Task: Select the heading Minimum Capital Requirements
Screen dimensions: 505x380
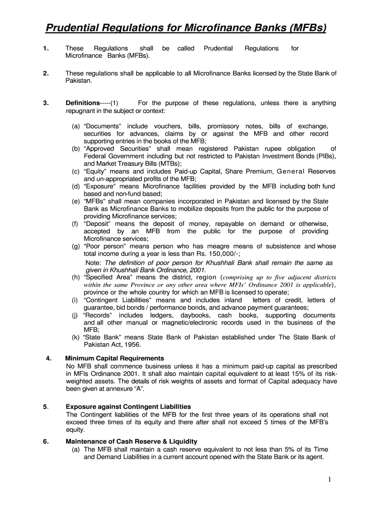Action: click(x=114, y=358)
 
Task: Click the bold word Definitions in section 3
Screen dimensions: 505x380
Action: click(x=82, y=103)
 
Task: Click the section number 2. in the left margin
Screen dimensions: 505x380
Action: click(x=45, y=73)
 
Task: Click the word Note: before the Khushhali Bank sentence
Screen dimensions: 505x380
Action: click(x=94, y=263)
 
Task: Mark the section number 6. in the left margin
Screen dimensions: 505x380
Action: click(x=45, y=441)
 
